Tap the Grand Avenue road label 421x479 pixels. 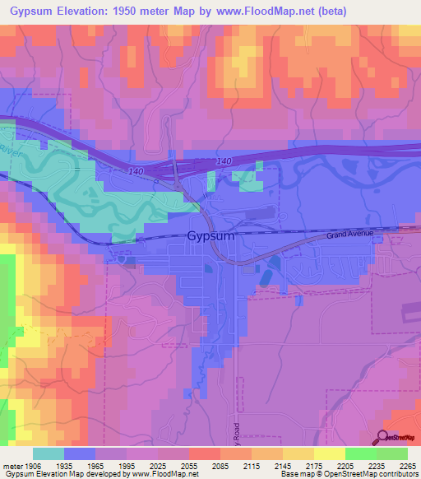click(349, 234)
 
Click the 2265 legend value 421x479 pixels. click(408, 466)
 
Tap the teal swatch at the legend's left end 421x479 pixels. click(48, 453)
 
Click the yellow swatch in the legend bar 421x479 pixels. click(329, 453)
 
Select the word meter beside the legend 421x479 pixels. click(11, 466)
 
